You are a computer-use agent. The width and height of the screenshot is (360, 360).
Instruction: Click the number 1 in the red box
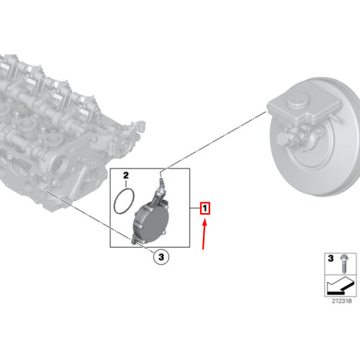204,210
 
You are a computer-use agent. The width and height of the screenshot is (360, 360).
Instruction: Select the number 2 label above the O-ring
125,175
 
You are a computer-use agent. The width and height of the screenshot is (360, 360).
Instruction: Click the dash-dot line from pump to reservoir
216,137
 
